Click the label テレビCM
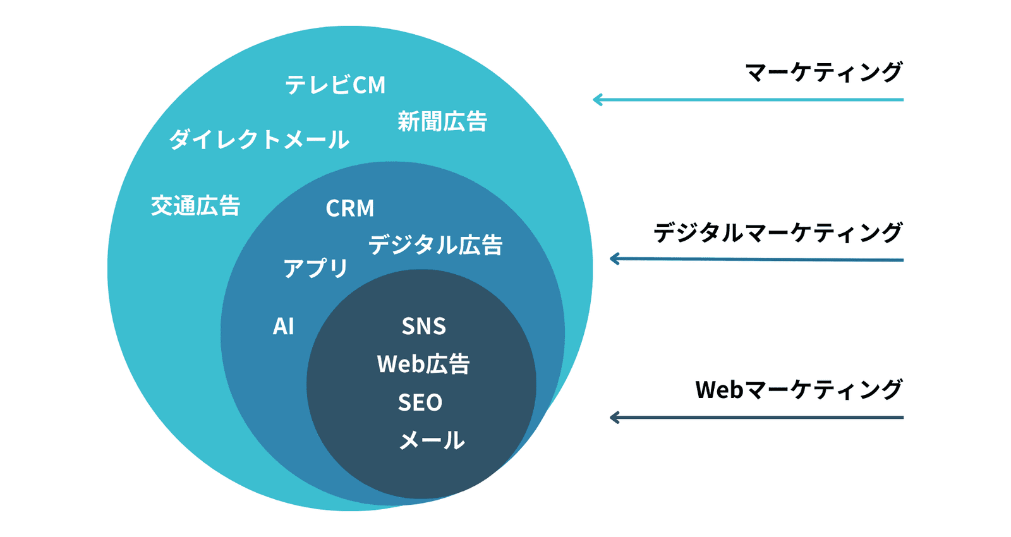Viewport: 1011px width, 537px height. point(335,85)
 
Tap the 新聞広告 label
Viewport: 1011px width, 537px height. point(442,121)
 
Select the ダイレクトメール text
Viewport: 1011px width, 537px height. point(259,139)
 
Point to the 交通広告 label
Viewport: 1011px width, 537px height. point(195,206)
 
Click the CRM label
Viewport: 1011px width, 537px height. point(349,208)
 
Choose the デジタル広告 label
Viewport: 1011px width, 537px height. point(435,244)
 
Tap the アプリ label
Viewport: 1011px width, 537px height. point(315,268)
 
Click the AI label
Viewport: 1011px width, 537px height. point(283,326)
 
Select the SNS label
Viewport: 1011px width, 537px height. point(423,326)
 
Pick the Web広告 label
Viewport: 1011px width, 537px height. point(423,364)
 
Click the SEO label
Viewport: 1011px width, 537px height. point(420,402)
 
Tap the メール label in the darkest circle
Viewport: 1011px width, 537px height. point(432,440)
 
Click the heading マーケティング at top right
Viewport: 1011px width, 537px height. point(823,72)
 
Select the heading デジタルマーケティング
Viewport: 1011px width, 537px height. point(777,232)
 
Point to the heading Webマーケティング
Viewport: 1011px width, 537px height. point(799,389)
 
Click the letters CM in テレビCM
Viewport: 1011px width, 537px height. point(369,85)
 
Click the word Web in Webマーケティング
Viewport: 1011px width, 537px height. point(719,389)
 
